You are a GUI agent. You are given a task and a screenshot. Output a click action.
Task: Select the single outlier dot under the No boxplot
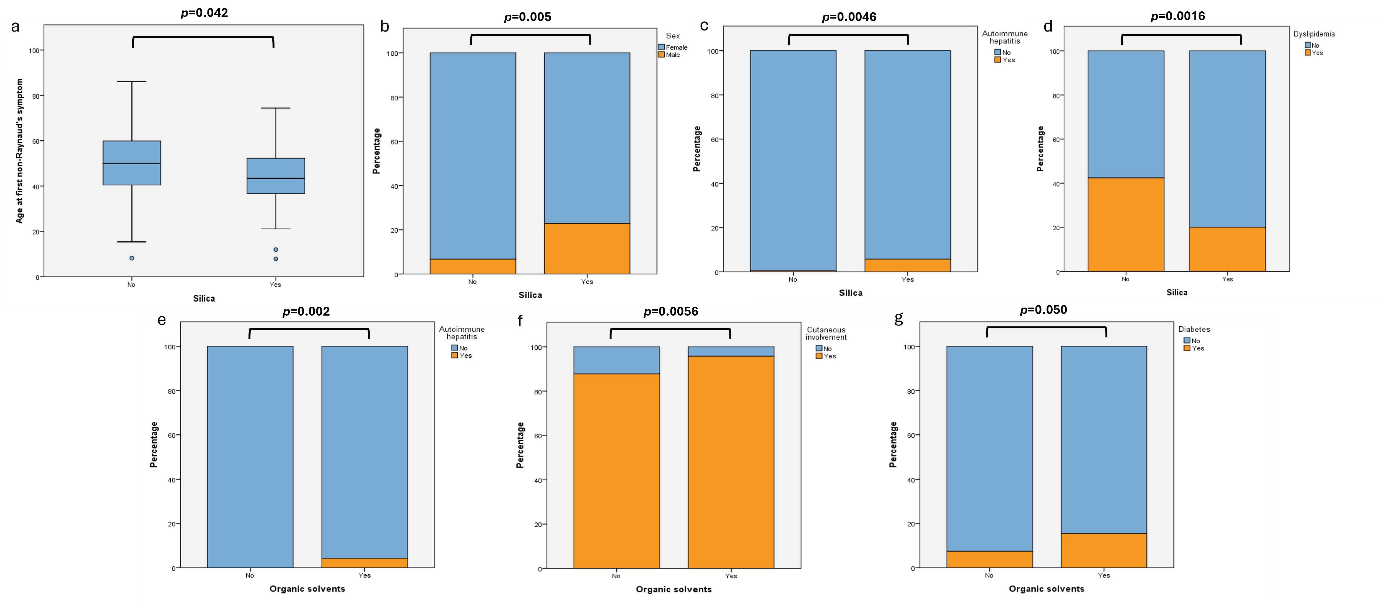point(132,258)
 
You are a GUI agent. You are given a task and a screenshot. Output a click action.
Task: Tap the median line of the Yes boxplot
point(276,178)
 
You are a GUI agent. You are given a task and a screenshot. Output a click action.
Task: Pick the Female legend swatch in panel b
point(661,47)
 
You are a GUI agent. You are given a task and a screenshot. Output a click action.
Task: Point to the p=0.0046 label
point(849,17)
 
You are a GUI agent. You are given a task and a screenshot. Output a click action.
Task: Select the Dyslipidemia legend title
point(1314,34)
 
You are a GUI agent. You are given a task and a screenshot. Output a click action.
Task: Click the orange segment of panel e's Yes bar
point(364,563)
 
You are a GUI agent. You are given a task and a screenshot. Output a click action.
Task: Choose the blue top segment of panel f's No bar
point(616,360)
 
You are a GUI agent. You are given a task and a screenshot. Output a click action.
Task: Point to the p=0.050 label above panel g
point(1043,310)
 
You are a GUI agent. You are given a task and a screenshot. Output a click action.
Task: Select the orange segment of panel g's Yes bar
point(1104,550)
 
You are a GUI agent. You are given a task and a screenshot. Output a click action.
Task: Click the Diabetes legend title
point(1194,329)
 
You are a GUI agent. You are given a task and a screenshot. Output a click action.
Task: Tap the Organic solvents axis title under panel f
point(674,589)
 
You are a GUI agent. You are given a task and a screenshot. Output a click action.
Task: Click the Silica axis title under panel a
point(204,298)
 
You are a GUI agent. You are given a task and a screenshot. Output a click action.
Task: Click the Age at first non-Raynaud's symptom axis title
point(20,151)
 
